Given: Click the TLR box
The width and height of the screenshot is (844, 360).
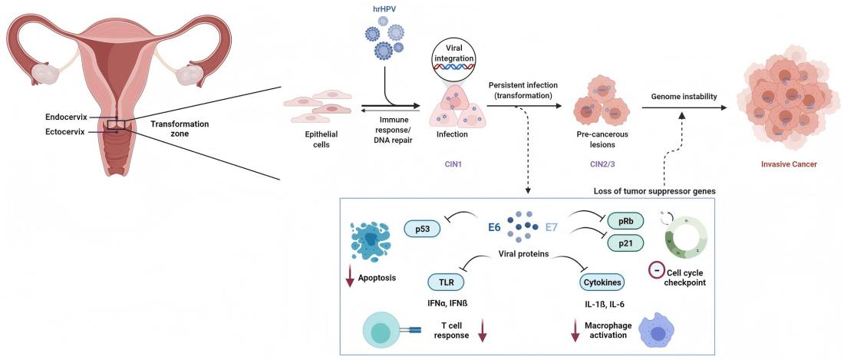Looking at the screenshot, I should point(446,281).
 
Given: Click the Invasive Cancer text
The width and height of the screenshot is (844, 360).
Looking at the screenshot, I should point(788,163).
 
